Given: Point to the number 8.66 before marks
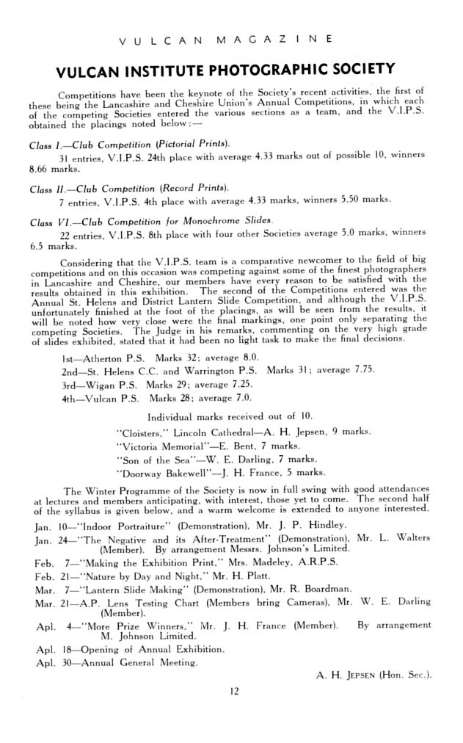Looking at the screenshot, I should click(x=42, y=167).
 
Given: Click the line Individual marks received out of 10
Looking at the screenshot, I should click(x=226, y=416).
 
